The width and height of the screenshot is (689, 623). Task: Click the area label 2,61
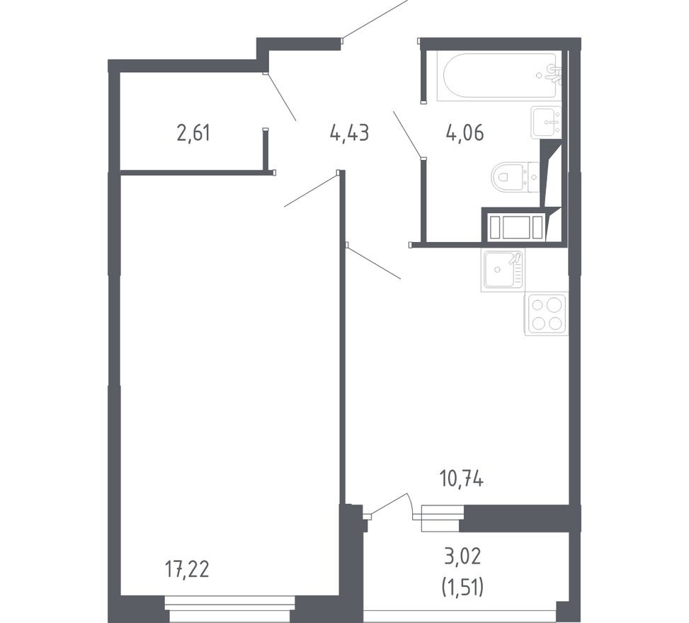pos(193,132)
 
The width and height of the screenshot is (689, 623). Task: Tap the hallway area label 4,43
pos(349,132)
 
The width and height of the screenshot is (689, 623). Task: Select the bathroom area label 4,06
pos(465,132)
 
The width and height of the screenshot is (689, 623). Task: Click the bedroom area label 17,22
pos(187,568)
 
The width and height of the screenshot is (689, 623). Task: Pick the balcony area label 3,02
pos(462,556)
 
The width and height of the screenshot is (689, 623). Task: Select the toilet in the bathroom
pos(513,176)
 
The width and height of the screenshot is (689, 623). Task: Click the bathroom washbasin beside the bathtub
pos(545,122)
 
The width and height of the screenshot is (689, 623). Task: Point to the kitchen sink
pos(503,270)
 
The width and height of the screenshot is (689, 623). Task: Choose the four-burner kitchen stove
pos(546,314)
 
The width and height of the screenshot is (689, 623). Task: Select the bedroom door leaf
pos(311,190)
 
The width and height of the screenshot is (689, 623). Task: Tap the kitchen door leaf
pos(373,262)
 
